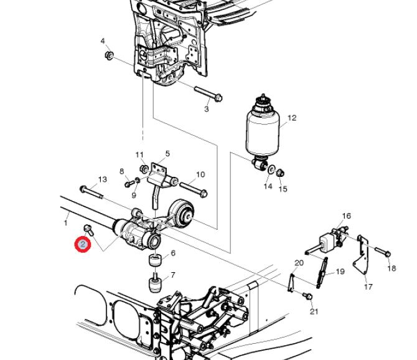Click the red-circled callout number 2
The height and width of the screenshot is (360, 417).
83,244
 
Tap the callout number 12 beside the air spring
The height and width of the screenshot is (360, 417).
292,118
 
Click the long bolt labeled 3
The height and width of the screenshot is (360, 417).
208,95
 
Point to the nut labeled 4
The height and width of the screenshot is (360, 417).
109,55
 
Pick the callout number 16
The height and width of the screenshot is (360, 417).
347,216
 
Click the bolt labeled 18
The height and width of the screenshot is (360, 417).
383,252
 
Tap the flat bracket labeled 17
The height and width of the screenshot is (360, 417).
362,254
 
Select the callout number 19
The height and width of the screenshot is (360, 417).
340,272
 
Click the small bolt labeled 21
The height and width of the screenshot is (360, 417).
308,296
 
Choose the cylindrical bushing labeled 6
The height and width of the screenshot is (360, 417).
155,260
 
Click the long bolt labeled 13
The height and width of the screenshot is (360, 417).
91,191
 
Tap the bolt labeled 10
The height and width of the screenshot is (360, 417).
194,189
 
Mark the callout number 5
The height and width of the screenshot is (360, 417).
167,153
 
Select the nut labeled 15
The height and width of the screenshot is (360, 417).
280,173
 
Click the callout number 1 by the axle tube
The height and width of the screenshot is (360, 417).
66,222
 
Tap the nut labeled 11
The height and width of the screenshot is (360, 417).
144,168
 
